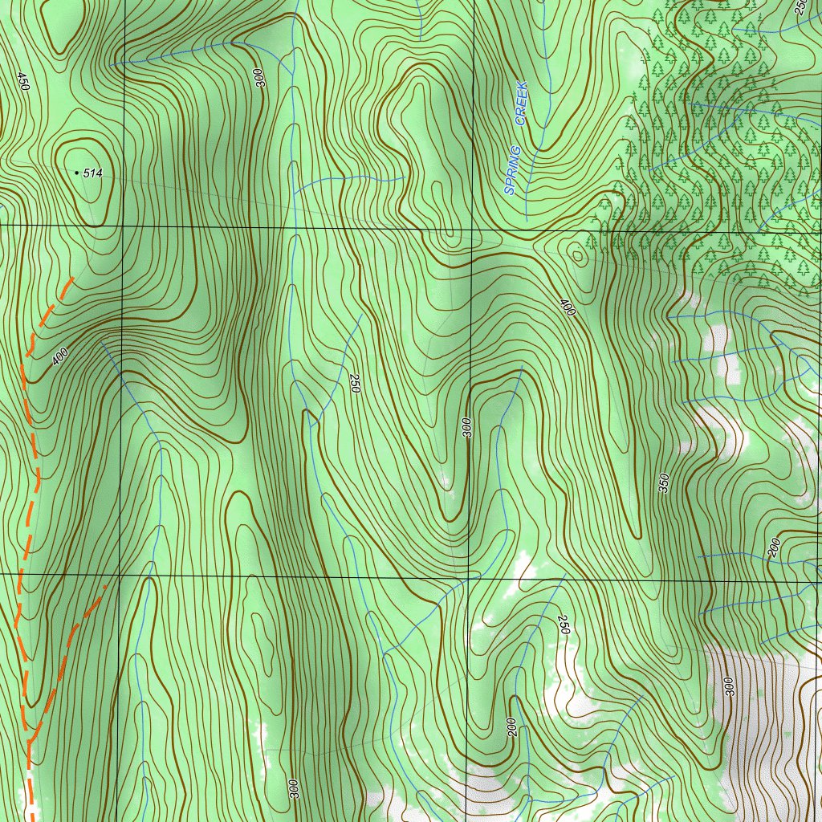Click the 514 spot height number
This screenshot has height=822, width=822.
(x=94, y=173)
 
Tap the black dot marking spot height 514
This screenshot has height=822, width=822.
(x=77, y=173)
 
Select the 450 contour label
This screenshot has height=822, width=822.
(x=22, y=82)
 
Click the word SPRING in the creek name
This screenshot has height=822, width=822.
(x=512, y=171)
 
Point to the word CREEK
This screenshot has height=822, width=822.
(x=521, y=103)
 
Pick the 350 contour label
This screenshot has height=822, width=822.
(x=664, y=482)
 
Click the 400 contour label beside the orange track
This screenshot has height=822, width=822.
(x=60, y=356)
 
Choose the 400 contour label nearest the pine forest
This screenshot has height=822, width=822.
(x=568, y=307)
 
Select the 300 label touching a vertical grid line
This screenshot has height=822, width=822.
(x=467, y=427)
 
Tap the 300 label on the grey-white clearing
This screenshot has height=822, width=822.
(x=729, y=686)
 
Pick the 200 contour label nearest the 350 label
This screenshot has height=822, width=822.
(x=773, y=548)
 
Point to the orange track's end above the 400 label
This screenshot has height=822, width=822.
(x=73, y=278)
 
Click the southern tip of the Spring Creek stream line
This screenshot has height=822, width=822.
(x=526, y=220)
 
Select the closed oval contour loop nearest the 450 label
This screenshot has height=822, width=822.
(x=63, y=36)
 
